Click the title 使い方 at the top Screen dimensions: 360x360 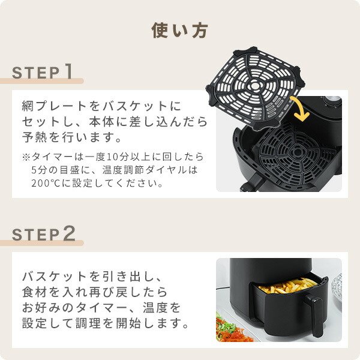click(180, 30)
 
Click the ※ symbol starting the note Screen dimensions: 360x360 click(26, 157)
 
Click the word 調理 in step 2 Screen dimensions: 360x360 click(104, 323)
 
